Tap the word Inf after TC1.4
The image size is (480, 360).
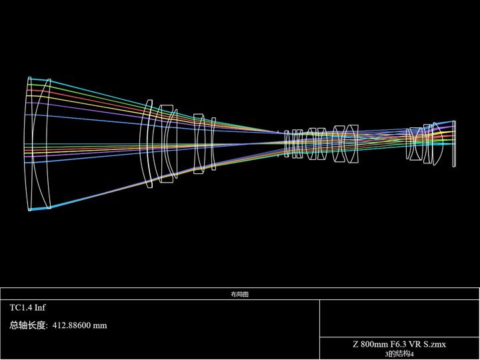pos(40,307)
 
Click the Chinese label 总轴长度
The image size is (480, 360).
pos(27,325)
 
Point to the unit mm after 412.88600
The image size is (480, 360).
pos(100,326)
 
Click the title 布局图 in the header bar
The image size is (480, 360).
pos(240,294)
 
